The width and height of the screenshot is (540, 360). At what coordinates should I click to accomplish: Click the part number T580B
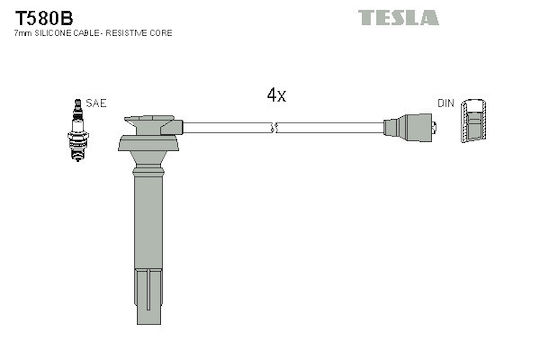click(44, 18)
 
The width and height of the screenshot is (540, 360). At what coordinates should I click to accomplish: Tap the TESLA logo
click(398, 18)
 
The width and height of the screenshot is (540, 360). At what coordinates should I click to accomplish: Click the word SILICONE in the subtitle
click(53, 33)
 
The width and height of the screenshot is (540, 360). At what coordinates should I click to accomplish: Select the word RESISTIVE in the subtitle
click(127, 33)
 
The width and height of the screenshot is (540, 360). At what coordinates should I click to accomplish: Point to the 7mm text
click(23, 33)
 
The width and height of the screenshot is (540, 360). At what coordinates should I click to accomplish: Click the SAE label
click(96, 103)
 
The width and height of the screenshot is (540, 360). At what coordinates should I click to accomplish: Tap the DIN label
click(446, 103)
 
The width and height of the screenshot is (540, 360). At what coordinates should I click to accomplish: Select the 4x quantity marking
click(277, 95)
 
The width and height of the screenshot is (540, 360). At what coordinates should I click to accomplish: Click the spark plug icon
click(78, 130)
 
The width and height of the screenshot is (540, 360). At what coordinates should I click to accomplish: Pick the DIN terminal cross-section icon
click(474, 121)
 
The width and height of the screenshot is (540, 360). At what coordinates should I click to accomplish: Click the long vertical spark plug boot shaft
click(148, 220)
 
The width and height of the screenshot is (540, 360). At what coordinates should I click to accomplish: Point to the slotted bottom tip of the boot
click(149, 297)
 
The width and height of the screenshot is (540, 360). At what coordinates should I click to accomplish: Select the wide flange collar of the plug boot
click(148, 143)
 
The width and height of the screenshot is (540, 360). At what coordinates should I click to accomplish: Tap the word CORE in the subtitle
click(161, 33)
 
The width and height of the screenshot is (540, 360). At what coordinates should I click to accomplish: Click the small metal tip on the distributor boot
click(435, 127)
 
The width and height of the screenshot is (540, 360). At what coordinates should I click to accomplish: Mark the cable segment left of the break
click(228, 127)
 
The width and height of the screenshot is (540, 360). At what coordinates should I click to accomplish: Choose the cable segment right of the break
click(330, 127)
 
